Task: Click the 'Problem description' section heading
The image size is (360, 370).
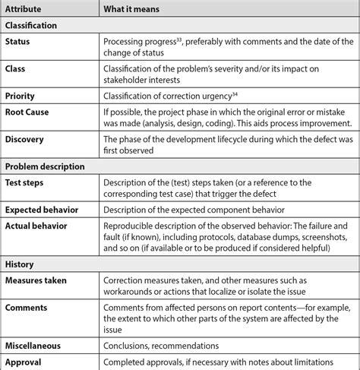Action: (45, 166)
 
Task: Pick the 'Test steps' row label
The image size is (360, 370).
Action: (27, 182)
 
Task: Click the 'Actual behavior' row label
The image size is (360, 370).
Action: (36, 226)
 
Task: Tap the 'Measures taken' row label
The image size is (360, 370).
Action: (36, 280)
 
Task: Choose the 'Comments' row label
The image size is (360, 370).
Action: (26, 308)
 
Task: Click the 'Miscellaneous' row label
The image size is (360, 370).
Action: (34, 346)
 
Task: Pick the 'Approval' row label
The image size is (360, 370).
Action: (23, 362)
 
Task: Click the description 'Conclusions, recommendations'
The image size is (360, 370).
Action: (164, 346)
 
